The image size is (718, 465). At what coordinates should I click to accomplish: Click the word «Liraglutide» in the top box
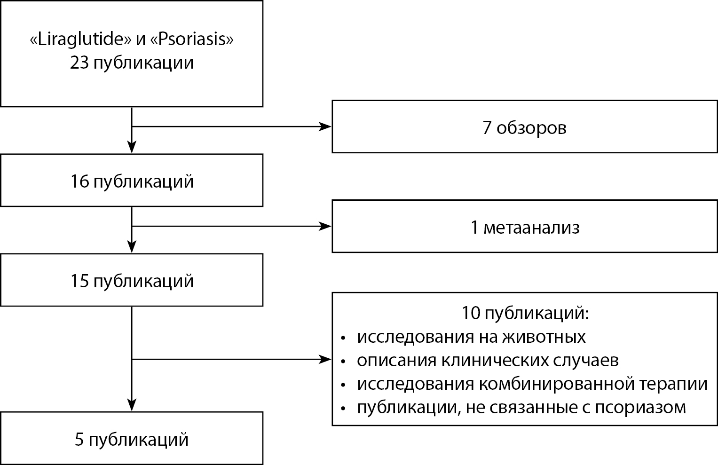pyautogui.click(x=80, y=39)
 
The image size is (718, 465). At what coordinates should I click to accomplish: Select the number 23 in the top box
pyautogui.click(x=79, y=63)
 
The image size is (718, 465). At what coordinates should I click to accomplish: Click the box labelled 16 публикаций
pyautogui.click(x=132, y=181)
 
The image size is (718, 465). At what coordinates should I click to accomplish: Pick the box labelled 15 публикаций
pyautogui.click(x=132, y=281)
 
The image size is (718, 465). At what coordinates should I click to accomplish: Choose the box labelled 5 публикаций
pyautogui.click(x=132, y=439)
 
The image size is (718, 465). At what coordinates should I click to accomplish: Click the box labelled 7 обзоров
pyautogui.click(x=524, y=127)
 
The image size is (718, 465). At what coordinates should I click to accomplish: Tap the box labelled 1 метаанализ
pyautogui.click(x=524, y=227)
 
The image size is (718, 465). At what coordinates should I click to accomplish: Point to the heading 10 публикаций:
pyautogui.click(x=524, y=314)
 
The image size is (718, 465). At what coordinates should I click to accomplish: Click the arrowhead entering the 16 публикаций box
pyautogui.click(x=132, y=147)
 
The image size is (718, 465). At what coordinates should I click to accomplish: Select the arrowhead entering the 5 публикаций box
pyautogui.click(x=132, y=405)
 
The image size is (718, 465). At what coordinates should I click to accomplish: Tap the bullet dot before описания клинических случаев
pyautogui.click(x=344, y=362)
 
